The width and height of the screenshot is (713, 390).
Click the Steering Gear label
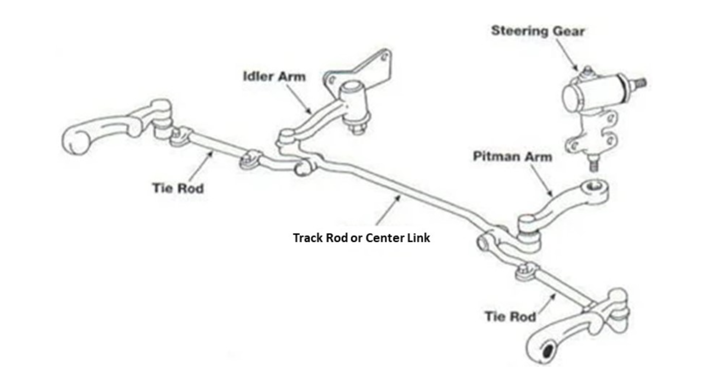point(537,31)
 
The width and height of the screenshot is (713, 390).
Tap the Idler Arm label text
point(274,77)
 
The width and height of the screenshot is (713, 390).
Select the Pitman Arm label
point(512,157)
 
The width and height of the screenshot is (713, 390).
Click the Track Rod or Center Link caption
point(361,238)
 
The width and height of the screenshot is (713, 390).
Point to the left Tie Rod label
point(178,188)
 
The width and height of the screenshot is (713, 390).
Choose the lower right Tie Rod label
point(510,317)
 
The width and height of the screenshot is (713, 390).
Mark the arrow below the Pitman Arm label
point(541,180)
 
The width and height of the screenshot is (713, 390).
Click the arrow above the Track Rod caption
point(388,210)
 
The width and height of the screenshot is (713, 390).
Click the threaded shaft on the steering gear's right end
point(639,83)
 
